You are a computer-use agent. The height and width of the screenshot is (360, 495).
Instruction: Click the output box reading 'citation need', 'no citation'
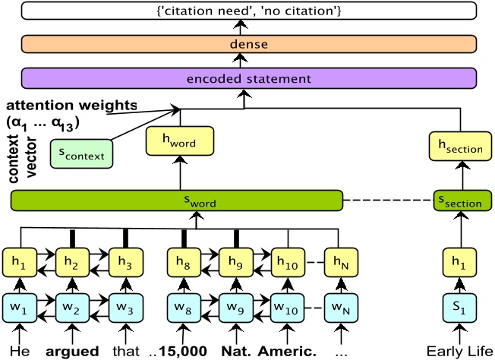click(x=249, y=10)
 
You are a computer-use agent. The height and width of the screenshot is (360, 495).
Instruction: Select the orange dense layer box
click(x=249, y=44)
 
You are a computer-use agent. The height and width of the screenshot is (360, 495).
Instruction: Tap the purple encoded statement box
click(x=249, y=78)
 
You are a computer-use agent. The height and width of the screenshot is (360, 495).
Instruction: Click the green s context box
click(x=81, y=153)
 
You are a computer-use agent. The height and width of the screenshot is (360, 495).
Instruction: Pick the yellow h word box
click(x=180, y=140)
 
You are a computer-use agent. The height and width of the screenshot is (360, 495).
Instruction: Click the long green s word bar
click(x=177, y=201)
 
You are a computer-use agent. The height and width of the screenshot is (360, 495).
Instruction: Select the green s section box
click(x=460, y=201)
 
